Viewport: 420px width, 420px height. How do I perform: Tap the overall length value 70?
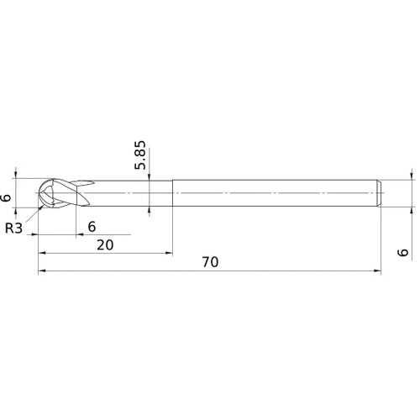(210, 262)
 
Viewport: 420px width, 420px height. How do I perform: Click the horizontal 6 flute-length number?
(92, 225)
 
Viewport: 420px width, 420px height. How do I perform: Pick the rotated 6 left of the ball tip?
(8, 198)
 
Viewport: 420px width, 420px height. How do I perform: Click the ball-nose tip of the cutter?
(39, 193)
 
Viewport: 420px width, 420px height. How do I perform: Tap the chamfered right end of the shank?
(380, 193)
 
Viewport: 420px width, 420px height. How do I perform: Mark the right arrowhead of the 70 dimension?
(377, 271)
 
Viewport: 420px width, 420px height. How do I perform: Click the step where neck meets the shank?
(173, 193)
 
